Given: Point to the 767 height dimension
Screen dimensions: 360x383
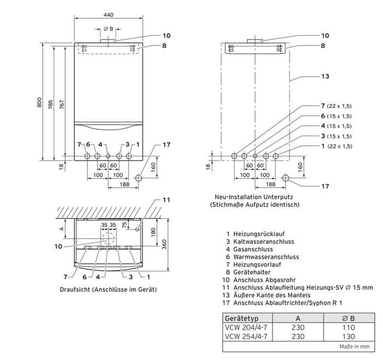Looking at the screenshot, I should [x=62, y=102].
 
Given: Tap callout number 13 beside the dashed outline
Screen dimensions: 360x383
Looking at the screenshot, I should [x=325, y=77].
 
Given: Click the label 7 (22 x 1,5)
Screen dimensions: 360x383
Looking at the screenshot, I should [x=337, y=104].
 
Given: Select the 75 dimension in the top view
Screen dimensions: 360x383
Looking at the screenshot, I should [x=124, y=224].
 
